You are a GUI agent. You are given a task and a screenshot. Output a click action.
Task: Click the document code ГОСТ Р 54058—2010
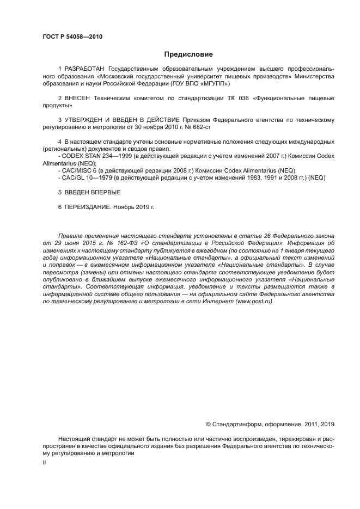(72, 37)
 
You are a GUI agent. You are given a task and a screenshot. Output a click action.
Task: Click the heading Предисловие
(188, 54)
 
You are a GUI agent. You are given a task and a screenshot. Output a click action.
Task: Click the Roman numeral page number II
(44, 462)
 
